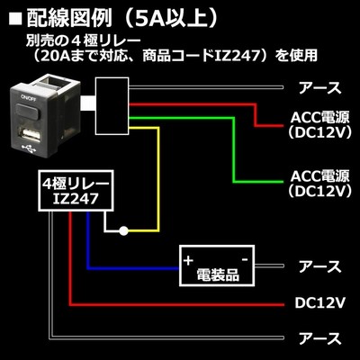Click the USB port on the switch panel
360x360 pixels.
[30, 134]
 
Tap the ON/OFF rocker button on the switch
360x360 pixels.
[28, 110]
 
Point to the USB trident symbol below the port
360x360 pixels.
[29, 148]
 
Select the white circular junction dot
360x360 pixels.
[123, 231]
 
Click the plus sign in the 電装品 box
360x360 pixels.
[188, 260]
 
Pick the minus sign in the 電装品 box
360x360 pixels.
[245, 258]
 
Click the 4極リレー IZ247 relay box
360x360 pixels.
[76, 191]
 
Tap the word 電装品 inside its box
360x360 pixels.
[218, 274]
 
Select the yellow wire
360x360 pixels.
[158, 179]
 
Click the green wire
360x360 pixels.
[234, 150]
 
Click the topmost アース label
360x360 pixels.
[319, 88]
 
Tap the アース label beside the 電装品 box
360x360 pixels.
[319, 266]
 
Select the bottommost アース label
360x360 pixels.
[319, 338]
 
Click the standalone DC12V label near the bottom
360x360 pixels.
[320, 303]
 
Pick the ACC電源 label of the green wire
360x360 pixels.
[319, 176]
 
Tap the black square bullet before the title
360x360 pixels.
[15, 20]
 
